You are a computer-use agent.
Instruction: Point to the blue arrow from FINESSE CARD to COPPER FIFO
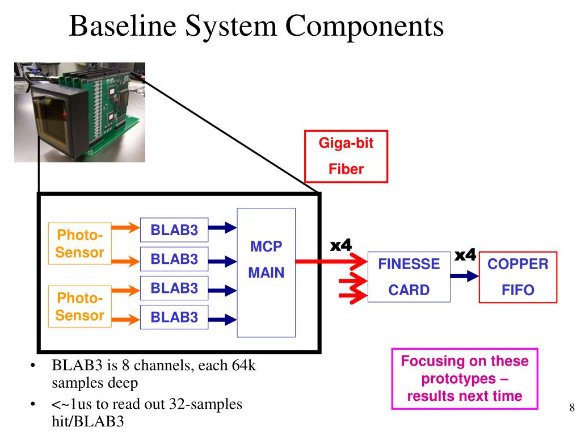coord(464,276)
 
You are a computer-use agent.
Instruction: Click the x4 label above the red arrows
coord(340,245)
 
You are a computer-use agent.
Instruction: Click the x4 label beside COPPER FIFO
coord(465,255)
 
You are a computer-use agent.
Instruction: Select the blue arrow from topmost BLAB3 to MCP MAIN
coord(222,227)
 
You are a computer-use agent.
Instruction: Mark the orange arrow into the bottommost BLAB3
coord(125,319)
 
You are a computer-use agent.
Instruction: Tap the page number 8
coord(572,408)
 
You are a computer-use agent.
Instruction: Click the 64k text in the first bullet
coord(244,366)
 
